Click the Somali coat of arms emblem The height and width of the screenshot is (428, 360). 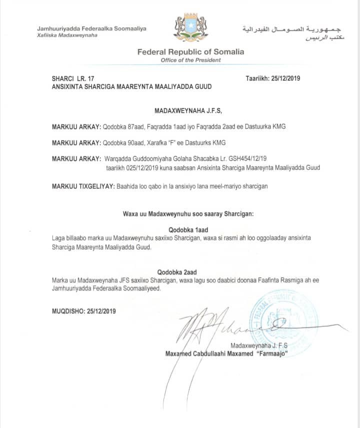click(190, 28)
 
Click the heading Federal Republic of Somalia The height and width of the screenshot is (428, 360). click(190, 52)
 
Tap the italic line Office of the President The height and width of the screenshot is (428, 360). click(190, 60)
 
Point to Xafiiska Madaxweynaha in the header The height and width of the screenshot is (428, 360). click(67, 35)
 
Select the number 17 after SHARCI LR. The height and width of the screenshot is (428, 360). click(90, 79)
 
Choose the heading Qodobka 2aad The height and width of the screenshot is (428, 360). click(176, 272)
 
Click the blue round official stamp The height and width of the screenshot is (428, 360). click(283, 317)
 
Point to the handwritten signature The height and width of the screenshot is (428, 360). click(220, 327)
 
